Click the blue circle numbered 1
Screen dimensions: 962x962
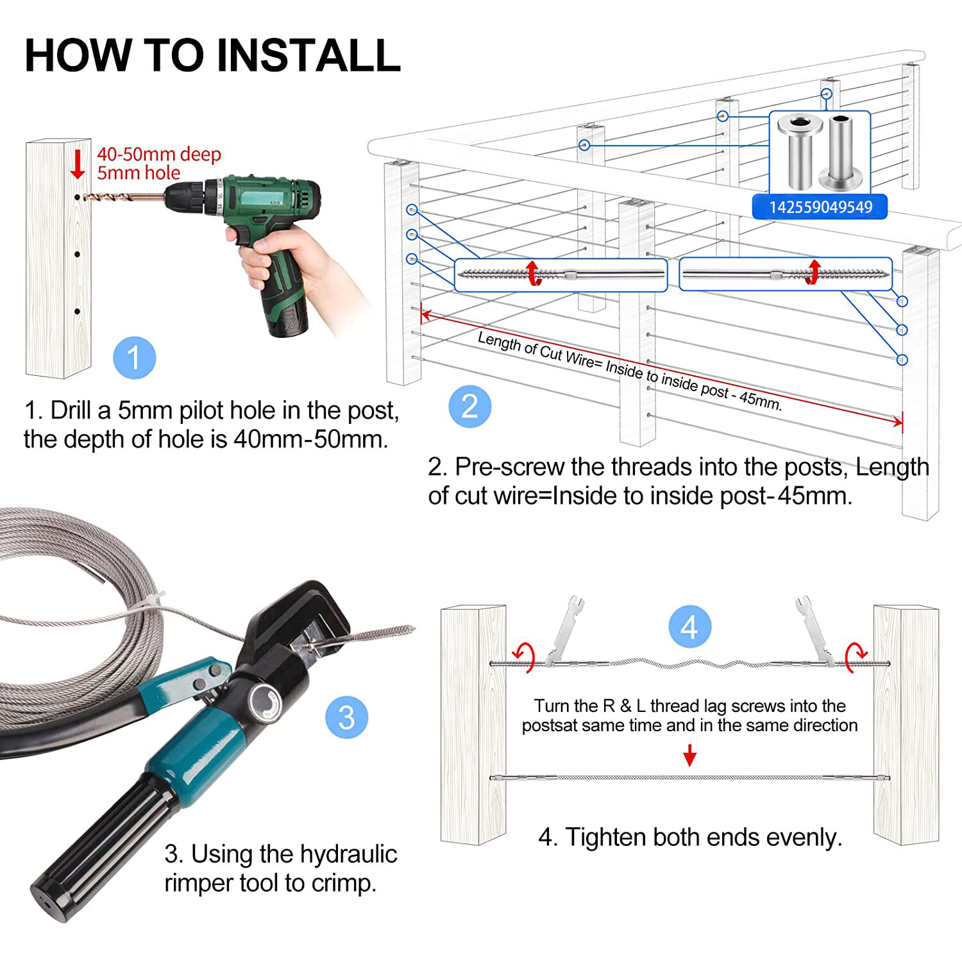coord(134,357)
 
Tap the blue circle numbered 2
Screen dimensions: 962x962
coord(469,407)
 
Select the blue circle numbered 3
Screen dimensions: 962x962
coord(346,717)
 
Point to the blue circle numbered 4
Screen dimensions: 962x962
coord(689,627)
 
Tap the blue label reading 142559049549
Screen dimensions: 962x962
coord(820,207)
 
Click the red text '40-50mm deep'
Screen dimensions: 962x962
coord(159,154)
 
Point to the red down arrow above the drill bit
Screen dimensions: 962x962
coord(78,164)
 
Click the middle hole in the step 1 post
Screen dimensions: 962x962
coord(77,255)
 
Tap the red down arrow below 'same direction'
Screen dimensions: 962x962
coord(689,755)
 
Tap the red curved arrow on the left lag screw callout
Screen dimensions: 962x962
coord(532,273)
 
